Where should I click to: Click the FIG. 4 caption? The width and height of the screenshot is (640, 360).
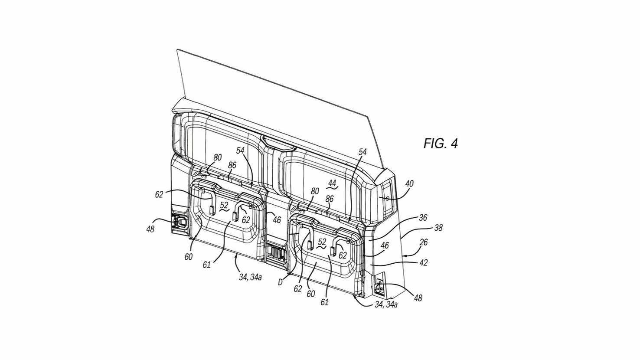click(x=440, y=144)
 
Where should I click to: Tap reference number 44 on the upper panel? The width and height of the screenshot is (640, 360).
click(x=332, y=183)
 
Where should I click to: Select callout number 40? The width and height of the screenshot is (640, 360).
click(x=409, y=184)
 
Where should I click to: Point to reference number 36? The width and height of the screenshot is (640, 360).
click(x=423, y=218)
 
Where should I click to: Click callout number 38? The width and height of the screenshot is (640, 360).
click(x=438, y=227)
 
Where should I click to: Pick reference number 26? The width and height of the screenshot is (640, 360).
click(x=424, y=242)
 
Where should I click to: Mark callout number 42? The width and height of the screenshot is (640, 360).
click(x=423, y=262)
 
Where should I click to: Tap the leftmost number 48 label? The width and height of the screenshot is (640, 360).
click(x=150, y=229)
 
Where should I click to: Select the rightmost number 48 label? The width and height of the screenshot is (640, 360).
click(x=418, y=298)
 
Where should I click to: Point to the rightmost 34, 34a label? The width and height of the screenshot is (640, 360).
click(x=386, y=304)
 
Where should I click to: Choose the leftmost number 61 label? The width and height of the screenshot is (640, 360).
click(x=206, y=264)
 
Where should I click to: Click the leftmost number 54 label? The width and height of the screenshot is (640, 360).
click(x=241, y=151)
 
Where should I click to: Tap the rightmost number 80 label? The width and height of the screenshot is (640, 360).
click(x=315, y=191)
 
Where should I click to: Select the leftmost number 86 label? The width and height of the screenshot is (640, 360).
click(x=232, y=165)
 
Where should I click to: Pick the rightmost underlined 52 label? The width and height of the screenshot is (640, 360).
click(x=322, y=242)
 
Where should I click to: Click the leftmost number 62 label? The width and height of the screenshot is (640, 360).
click(x=159, y=195)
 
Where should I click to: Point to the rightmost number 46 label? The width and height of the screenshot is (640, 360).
click(x=384, y=246)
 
